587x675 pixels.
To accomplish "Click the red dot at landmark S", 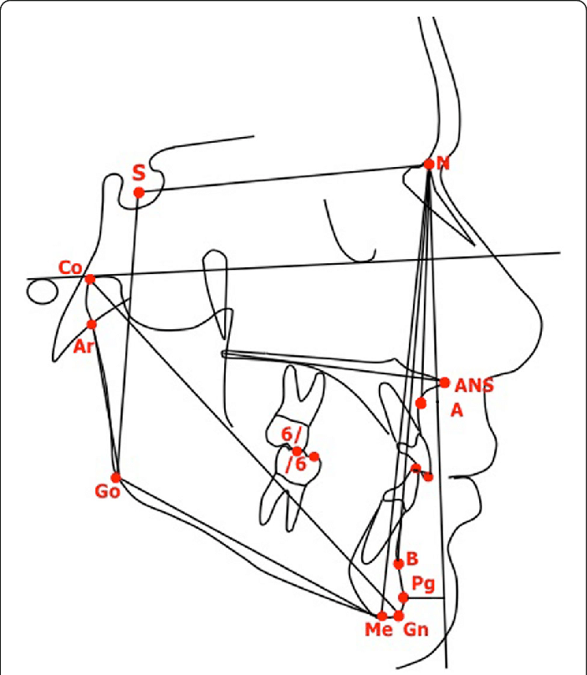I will [139, 193].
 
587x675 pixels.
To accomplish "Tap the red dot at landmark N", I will [429, 165].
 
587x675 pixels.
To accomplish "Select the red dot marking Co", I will [90, 279].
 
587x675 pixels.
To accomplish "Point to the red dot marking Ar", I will [92, 324].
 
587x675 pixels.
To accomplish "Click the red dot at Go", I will [116, 478].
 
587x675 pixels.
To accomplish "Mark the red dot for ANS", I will [444, 382].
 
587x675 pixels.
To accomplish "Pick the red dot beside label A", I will [421, 403].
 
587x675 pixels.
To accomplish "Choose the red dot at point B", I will [399, 564].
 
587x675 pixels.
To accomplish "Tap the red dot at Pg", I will [403, 597].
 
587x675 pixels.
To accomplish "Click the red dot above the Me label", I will [382, 616].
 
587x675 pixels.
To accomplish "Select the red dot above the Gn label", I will [399, 616].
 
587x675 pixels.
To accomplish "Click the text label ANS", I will [474, 386].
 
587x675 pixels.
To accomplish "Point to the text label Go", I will [107, 492].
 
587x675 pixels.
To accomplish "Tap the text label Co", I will [69, 268].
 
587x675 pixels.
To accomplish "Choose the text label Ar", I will [83, 347].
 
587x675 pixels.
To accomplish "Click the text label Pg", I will [423, 582].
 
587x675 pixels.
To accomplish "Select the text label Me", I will [379, 631].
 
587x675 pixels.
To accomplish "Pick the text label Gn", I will [416, 631].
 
